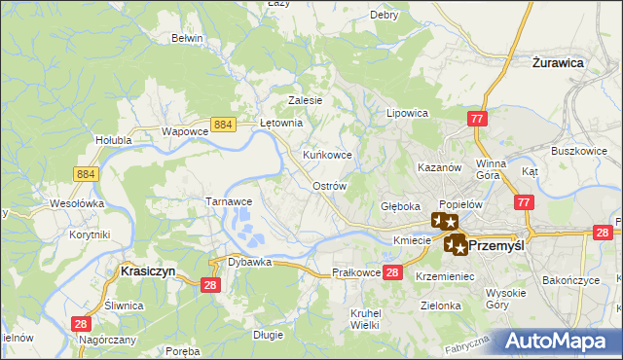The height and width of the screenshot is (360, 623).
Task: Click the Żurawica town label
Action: [558, 61]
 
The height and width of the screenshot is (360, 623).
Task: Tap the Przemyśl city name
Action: [496, 246]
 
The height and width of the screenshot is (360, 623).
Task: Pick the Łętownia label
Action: [283, 124]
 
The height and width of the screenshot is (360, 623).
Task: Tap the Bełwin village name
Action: [186, 38]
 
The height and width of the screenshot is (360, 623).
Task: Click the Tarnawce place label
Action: [229, 200]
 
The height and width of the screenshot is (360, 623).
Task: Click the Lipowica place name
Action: [408, 113]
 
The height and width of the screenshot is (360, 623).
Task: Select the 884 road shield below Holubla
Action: [84, 172]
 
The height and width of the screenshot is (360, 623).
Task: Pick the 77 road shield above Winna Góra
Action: [477, 119]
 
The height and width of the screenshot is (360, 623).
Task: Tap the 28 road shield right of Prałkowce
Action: [392, 272]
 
